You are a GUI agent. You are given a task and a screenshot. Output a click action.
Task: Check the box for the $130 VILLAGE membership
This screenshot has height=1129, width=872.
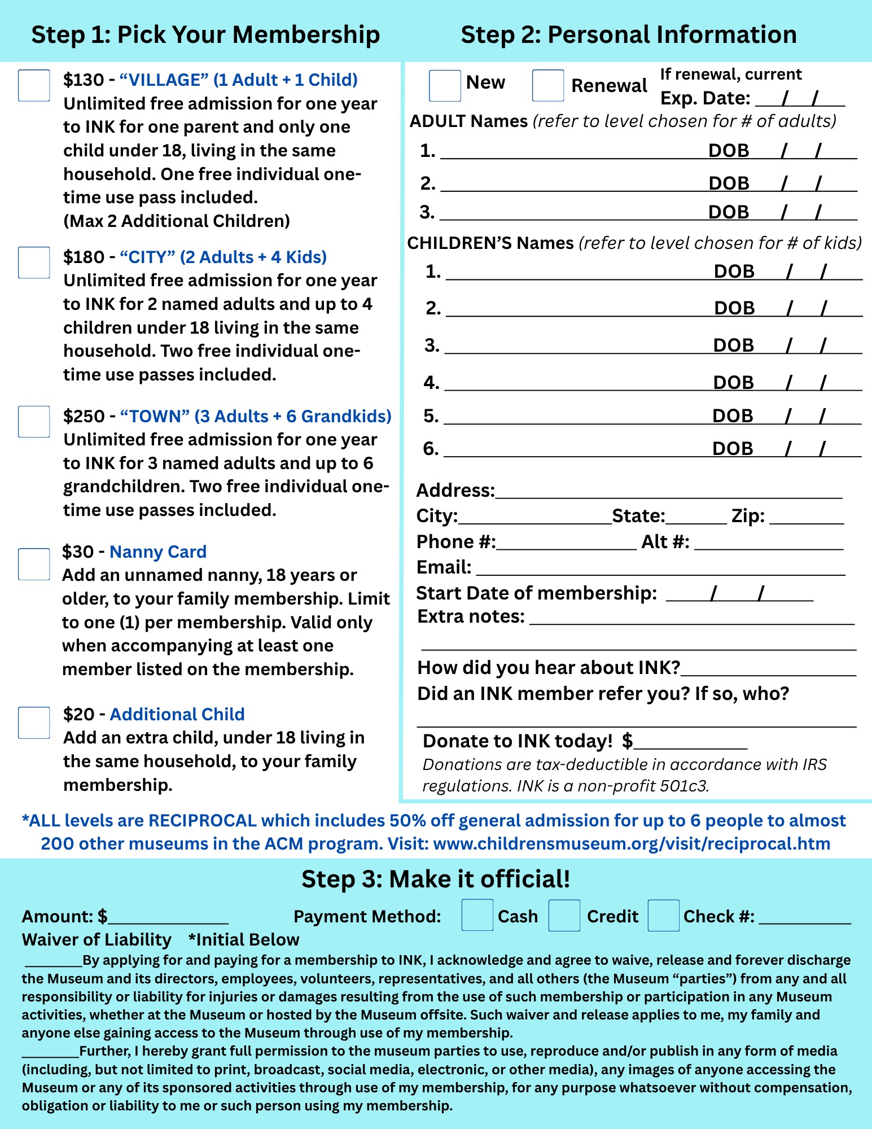[x=34, y=85]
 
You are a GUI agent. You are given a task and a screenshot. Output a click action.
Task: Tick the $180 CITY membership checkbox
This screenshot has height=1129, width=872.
[x=34, y=262]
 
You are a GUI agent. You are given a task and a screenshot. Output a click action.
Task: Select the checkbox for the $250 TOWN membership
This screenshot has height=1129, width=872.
[x=34, y=422]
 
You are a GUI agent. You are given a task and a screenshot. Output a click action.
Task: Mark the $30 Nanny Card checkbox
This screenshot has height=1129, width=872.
[x=34, y=564]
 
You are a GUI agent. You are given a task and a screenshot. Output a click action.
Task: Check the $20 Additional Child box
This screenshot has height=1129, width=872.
[x=34, y=723]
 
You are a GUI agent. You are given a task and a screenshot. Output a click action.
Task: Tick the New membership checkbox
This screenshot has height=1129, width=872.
[x=445, y=86]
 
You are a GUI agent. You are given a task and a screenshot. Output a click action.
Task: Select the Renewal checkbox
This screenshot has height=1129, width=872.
[x=547, y=86]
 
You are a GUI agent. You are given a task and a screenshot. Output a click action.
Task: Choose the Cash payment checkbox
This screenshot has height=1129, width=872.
[x=477, y=915]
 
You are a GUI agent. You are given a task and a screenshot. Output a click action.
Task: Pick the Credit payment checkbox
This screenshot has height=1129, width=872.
[x=564, y=915]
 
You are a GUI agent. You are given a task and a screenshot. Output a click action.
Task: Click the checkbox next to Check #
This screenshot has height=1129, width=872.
[x=663, y=915]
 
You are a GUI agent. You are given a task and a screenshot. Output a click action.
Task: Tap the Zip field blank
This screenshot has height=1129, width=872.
[x=807, y=518]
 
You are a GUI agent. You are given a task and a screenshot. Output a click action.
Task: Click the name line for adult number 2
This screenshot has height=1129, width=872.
[x=573, y=185]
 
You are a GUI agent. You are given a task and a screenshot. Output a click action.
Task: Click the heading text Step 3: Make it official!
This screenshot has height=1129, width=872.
[x=436, y=879]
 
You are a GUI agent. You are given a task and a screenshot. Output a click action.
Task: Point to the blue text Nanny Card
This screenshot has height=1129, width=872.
[x=158, y=552]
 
